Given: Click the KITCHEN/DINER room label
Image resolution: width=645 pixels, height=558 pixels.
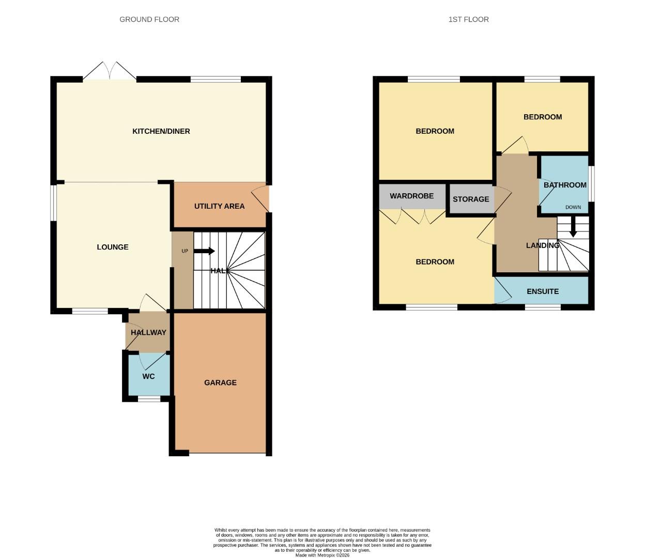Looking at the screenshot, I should tap(161, 131).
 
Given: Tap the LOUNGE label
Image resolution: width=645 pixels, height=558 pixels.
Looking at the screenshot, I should tap(113, 247).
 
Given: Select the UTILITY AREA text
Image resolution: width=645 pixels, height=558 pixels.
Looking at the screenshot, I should tap(219, 206).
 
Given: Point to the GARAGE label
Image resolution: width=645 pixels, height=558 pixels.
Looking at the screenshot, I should tap(220, 383).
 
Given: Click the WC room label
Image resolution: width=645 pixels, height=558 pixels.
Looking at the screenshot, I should tap(148, 377).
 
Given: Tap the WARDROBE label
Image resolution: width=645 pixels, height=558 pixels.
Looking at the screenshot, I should tap(411, 196).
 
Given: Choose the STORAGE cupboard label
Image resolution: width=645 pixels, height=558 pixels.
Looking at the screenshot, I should tap(471, 199).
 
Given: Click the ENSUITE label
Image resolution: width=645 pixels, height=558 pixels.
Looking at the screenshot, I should tap(543, 291).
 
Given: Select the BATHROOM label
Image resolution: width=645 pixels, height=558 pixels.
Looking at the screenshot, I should tap(565, 185).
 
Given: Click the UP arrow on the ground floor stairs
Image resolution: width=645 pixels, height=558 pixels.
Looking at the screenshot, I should tap(204, 251).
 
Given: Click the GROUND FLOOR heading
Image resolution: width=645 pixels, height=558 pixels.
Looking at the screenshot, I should tap(149, 20).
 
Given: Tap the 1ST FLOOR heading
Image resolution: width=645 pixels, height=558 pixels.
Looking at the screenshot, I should tap(468, 20).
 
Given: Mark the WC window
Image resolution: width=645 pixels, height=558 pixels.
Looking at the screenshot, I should tap(149, 398).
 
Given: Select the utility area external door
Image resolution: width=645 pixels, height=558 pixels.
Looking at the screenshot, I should tap(261, 199).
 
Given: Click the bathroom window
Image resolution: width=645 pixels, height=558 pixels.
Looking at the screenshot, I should tap(592, 184).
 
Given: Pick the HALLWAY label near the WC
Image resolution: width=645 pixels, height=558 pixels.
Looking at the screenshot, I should tap(148, 333).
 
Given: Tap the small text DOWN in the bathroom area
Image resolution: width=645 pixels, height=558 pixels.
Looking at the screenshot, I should tap(573, 207).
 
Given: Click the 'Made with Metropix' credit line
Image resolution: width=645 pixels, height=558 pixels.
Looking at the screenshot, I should tap(322, 555).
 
